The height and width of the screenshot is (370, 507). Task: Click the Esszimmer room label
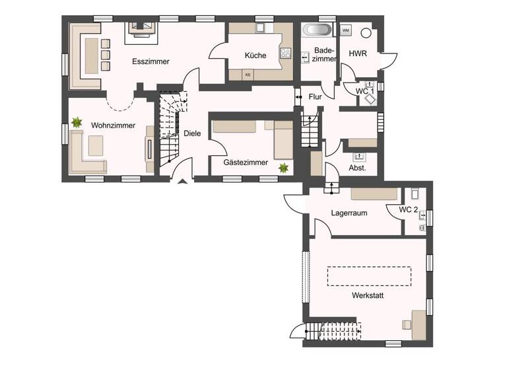(151, 61)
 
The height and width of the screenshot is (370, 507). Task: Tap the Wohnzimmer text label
(114, 125)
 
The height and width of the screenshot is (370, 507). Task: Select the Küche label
(255, 55)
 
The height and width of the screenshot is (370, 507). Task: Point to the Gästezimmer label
(246, 162)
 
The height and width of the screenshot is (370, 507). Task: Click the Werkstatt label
(368, 295)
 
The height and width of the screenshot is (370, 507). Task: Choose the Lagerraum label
(349, 213)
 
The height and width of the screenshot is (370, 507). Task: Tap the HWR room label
(358, 53)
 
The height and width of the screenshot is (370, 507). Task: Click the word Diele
(192, 133)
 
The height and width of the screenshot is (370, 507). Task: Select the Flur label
(316, 97)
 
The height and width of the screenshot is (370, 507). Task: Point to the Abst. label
(357, 168)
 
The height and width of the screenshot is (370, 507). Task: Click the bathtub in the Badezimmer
(318, 30)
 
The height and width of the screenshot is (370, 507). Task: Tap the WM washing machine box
(346, 30)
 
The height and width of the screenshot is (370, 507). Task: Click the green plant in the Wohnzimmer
(77, 122)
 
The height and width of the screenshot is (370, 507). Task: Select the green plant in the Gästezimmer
(283, 168)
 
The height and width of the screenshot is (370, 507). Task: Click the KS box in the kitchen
(248, 75)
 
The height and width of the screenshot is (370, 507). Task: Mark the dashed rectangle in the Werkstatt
(369, 276)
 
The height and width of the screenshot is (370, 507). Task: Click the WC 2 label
(409, 209)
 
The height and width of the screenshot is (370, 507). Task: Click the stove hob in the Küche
(287, 54)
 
